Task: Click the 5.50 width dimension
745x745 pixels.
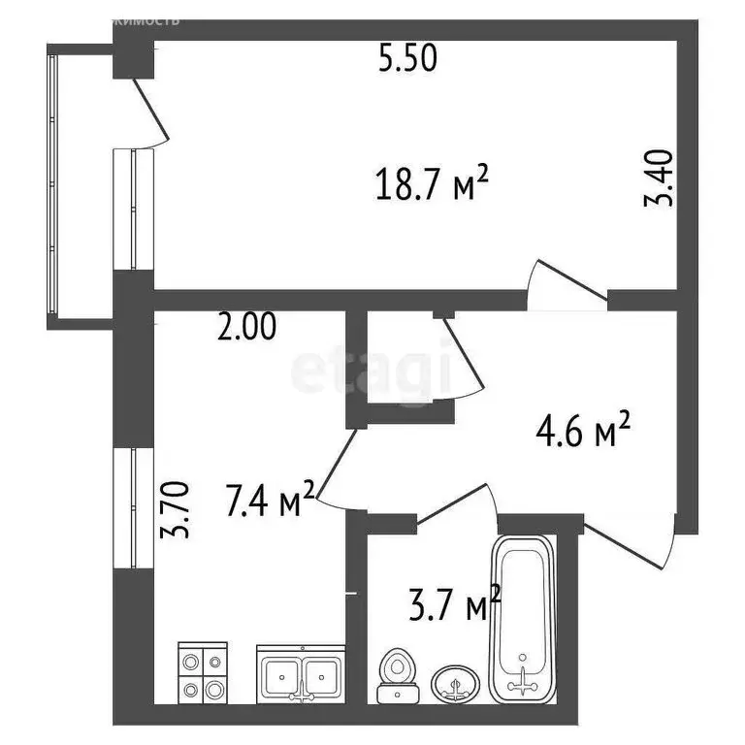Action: (408, 60)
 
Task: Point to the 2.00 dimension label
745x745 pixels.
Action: (246, 329)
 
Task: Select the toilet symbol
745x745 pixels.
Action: (396, 672)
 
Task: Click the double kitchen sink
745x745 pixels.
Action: (300, 673)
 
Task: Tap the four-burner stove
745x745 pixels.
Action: (202, 673)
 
